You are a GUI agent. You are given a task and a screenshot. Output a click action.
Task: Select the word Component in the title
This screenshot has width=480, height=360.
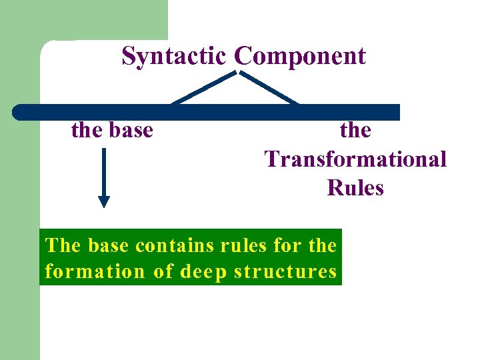click(301, 57)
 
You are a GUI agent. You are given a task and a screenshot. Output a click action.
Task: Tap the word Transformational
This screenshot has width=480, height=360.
click(355, 159)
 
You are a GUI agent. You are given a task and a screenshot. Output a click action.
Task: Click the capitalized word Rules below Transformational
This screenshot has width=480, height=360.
click(355, 188)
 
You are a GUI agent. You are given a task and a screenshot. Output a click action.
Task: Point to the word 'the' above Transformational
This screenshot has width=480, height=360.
click(355, 130)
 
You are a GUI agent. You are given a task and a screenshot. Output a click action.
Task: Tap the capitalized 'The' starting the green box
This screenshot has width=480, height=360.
click(63, 245)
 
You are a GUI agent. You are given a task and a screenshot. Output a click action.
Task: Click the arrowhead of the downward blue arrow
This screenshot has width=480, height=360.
click(104, 201)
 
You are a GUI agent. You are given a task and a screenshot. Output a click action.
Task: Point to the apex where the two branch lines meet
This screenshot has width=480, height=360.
click(237, 72)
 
